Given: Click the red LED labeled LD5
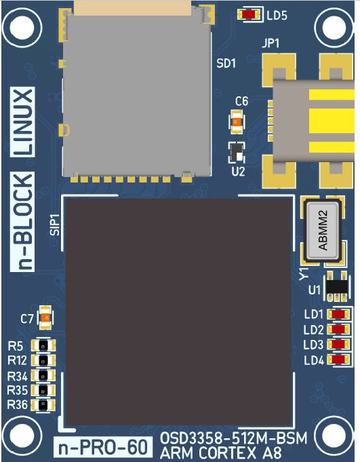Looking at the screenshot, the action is click(x=249, y=14).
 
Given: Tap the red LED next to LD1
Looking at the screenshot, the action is click(x=338, y=314).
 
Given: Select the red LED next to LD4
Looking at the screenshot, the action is click(x=338, y=359).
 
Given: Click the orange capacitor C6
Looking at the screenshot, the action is click(x=237, y=121).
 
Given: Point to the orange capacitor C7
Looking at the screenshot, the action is click(x=45, y=317).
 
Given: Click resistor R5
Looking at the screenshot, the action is click(x=43, y=345).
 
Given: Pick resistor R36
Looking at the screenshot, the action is click(x=43, y=404).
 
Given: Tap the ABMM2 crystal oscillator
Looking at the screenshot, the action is click(x=323, y=231).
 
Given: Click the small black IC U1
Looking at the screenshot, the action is click(x=337, y=286).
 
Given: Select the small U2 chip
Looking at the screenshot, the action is click(x=237, y=153).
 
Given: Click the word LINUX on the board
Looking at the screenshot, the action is click(x=22, y=122).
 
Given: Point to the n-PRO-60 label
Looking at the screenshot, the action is click(x=103, y=447).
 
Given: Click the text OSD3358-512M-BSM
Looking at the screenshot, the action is click(x=233, y=438).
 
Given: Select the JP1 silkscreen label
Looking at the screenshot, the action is click(x=271, y=44).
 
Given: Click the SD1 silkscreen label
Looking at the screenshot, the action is click(x=226, y=63).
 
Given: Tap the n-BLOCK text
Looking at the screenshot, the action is click(x=22, y=222).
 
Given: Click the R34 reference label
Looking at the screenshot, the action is click(x=18, y=377).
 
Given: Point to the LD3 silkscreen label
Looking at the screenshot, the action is click(x=313, y=345).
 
